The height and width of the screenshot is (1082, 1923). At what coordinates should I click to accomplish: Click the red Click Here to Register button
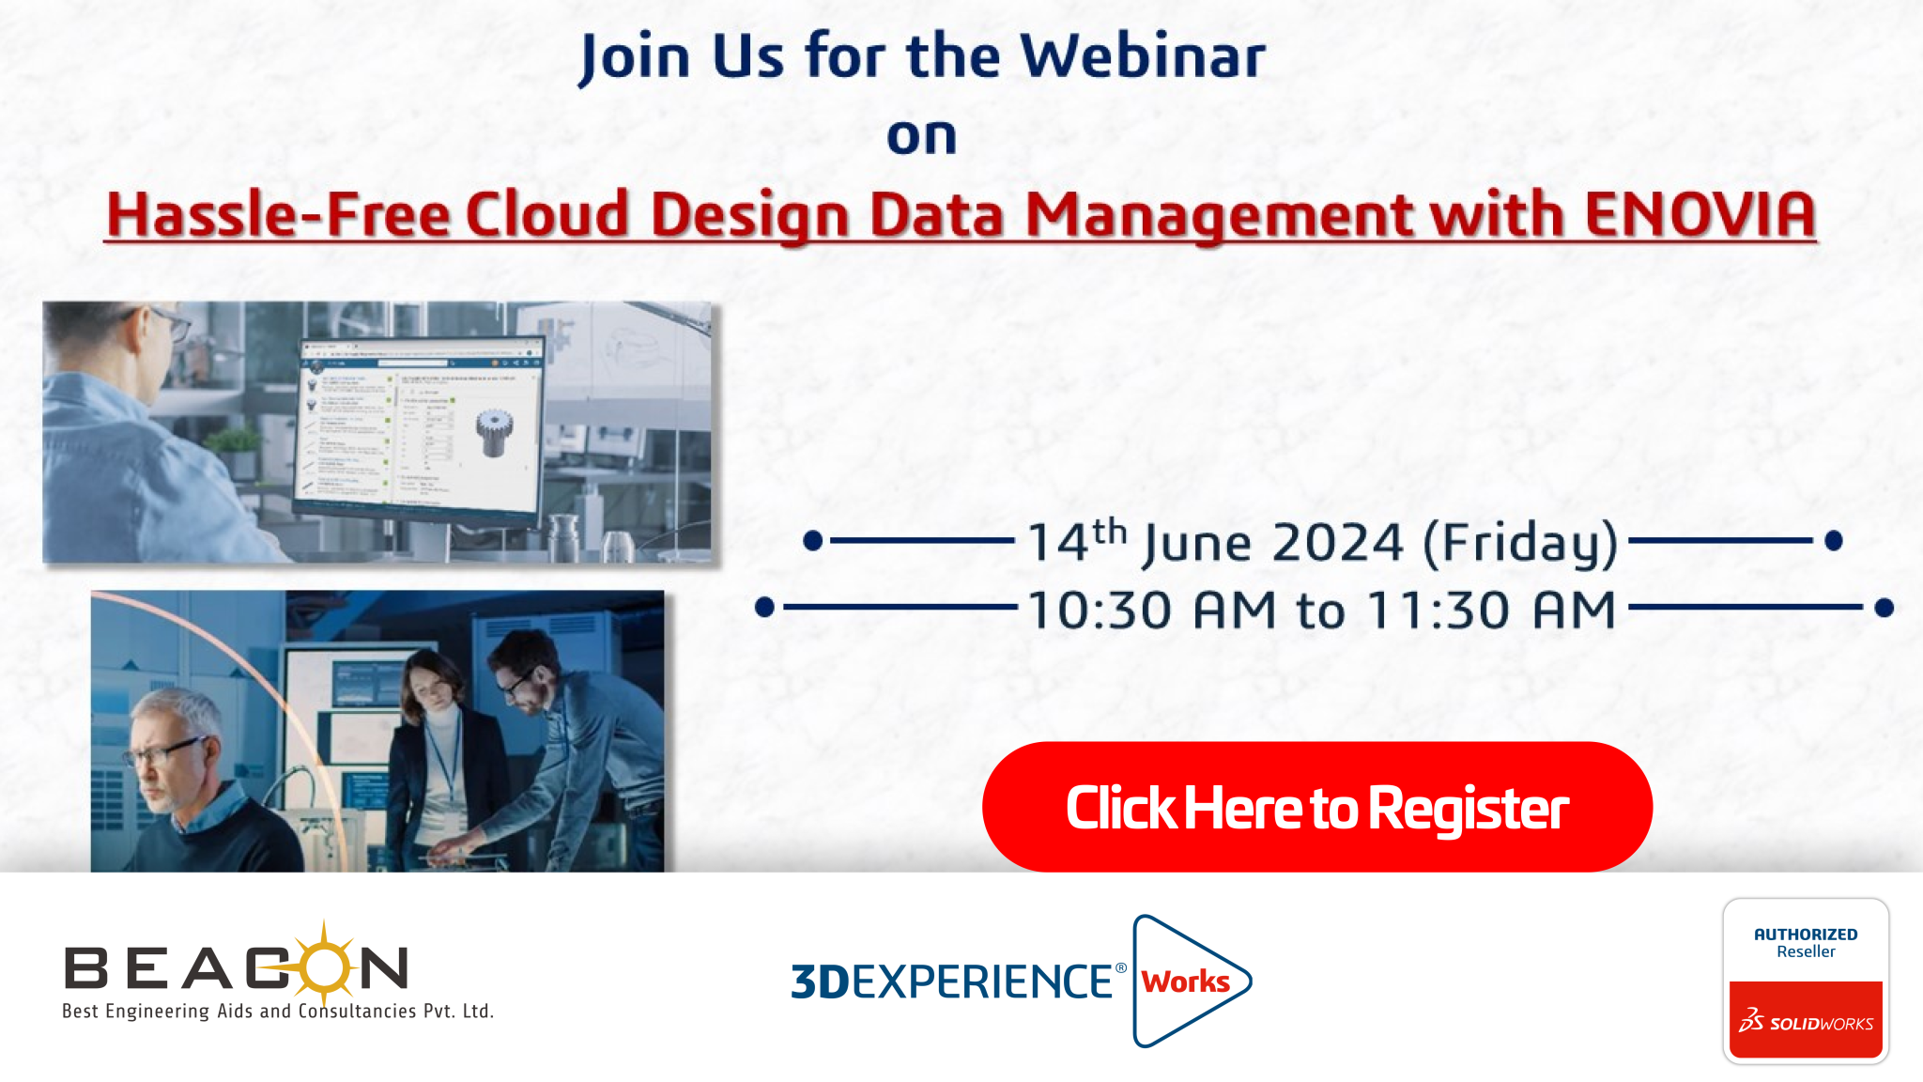point(1316,807)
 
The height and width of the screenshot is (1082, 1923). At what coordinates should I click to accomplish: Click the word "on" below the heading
point(922,136)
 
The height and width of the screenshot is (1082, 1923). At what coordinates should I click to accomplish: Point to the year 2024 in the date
point(1338,543)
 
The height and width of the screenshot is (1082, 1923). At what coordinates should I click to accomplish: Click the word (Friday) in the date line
point(1521,544)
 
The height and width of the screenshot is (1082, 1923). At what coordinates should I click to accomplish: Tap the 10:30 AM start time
point(1151,610)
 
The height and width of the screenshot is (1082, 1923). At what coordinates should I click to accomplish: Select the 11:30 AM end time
point(1491,610)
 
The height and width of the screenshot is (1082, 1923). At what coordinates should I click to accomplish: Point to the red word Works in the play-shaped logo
point(1186,982)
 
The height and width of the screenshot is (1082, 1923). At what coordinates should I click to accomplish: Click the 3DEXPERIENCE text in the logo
point(952,982)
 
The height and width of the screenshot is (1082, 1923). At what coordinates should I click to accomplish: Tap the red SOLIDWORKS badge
point(1806,1020)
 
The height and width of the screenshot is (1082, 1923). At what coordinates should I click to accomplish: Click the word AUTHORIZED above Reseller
point(1806,935)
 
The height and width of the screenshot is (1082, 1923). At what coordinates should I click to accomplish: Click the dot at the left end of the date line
point(813,540)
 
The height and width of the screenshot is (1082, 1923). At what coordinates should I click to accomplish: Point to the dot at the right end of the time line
point(1884,608)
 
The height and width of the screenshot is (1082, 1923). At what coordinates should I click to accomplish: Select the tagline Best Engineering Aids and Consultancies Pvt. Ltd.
point(278,1012)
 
